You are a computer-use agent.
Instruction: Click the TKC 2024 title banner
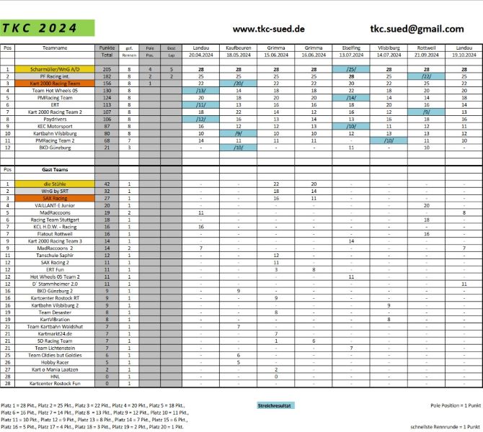click(x=48, y=29)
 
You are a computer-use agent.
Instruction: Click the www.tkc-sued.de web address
click(x=269, y=30)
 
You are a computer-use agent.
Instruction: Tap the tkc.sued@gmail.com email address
click(x=417, y=29)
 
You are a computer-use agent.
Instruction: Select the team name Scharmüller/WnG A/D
click(x=56, y=70)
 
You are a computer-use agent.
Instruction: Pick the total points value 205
click(x=107, y=70)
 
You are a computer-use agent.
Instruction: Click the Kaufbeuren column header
click(x=238, y=48)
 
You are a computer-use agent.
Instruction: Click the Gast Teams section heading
click(x=56, y=169)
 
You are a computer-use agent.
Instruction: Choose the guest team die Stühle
click(x=56, y=184)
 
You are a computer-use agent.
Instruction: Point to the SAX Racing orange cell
click(x=56, y=197)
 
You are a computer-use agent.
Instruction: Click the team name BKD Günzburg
click(x=56, y=147)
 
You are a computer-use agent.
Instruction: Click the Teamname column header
click(x=56, y=48)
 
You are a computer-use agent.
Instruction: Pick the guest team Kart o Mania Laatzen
click(x=56, y=369)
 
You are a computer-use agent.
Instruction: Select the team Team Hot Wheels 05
click(x=56, y=91)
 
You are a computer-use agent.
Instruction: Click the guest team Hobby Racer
click(x=56, y=361)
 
